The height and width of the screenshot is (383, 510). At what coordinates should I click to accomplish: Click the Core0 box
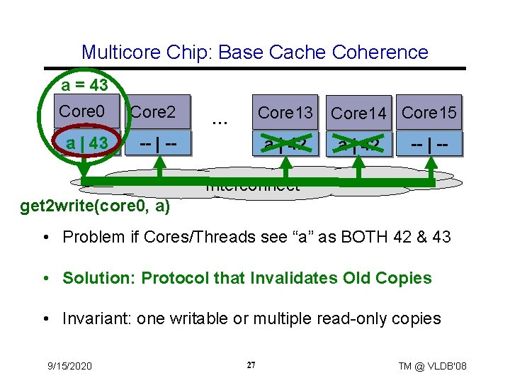click(x=81, y=112)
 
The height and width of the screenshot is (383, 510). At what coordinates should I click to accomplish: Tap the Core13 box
click(x=285, y=112)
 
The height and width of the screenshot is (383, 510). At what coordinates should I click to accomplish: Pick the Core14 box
click(x=359, y=113)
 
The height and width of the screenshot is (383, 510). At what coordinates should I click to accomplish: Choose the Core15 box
click(x=429, y=112)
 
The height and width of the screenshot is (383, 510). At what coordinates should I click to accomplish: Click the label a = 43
click(x=84, y=86)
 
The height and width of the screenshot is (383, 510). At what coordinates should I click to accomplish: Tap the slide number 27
click(x=251, y=365)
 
